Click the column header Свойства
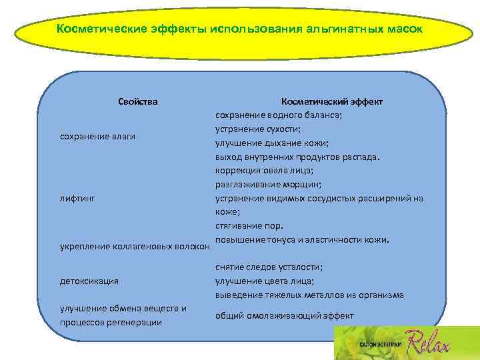138,101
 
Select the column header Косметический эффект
331,101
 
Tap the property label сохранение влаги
98,137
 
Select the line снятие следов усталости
269,267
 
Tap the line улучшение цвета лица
265,281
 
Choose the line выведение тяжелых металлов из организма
309,295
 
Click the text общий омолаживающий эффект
284,315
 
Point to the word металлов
344,295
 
